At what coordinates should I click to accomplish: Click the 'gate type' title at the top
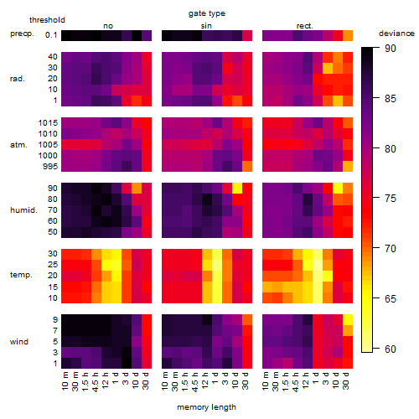tap(207, 13)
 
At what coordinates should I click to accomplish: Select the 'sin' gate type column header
tap(206, 26)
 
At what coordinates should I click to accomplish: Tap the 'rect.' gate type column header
tap(305, 26)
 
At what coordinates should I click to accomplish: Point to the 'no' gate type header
tap(108, 26)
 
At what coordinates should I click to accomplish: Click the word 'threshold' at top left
tap(47, 20)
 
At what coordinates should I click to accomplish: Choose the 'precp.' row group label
tap(22, 34)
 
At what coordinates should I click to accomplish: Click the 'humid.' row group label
tap(23, 210)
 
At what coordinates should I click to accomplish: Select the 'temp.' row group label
tap(21, 275)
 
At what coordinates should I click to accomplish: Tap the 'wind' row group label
tap(19, 342)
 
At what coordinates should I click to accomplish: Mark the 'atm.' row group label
tap(18, 145)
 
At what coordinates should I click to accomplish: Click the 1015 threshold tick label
tap(48, 123)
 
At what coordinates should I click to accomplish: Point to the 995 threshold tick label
tap(50, 167)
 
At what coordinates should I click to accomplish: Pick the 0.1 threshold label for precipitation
tap(51, 35)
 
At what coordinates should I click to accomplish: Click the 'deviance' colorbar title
tap(396, 34)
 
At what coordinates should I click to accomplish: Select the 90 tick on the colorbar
tap(391, 49)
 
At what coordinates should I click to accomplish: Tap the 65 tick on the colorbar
tap(391, 299)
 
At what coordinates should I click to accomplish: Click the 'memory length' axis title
tap(207, 407)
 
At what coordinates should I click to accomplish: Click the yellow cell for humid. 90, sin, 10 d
tap(237, 189)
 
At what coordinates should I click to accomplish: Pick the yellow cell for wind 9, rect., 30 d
tap(348, 320)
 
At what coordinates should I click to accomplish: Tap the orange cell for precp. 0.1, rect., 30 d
tap(348, 35)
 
